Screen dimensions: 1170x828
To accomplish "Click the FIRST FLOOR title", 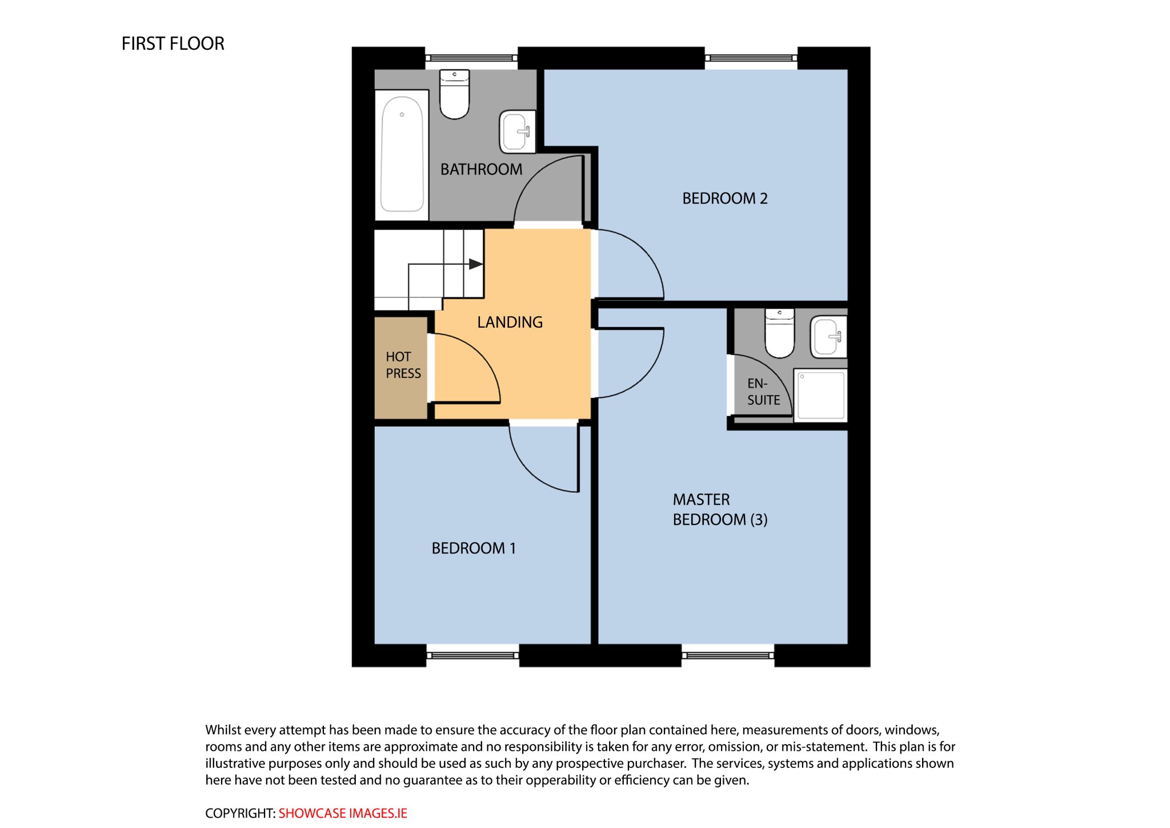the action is pyautogui.click(x=173, y=43).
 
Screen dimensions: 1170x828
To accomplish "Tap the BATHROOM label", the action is pyautogui.click(x=481, y=169).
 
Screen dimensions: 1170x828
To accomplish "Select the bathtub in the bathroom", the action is pyautogui.click(x=402, y=154).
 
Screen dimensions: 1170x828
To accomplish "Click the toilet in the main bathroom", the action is pyautogui.click(x=454, y=94).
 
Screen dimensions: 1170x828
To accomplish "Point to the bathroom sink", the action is pyautogui.click(x=518, y=132).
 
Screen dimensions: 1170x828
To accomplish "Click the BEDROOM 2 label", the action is pyautogui.click(x=724, y=198).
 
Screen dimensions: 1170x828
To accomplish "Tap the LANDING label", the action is pyautogui.click(x=510, y=322).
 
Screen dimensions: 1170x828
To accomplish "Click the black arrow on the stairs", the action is pyautogui.click(x=476, y=264).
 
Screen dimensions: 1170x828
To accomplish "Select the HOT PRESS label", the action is pyautogui.click(x=403, y=365).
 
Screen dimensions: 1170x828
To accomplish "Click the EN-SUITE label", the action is pyautogui.click(x=763, y=392).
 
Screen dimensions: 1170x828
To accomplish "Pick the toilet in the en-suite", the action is pyautogui.click(x=779, y=333).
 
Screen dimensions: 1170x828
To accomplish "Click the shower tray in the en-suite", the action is pyautogui.click(x=821, y=396).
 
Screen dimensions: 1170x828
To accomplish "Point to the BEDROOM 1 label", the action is pyautogui.click(x=474, y=548).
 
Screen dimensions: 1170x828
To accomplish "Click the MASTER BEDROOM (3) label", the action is pyautogui.click(x=720, y=509).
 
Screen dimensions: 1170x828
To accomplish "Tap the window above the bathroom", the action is pyautogui.click(x=471, y=58).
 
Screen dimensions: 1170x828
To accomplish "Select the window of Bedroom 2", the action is pyautogui.click(x=751, y=58).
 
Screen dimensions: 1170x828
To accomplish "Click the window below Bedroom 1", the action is pyautogui.click(x=472, y=655).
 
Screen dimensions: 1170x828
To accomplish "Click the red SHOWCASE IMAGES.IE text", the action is pyautogui.click(x=343, y=813).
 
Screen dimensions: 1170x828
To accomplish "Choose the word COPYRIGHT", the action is pyautogui.click(x=240, y=813).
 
